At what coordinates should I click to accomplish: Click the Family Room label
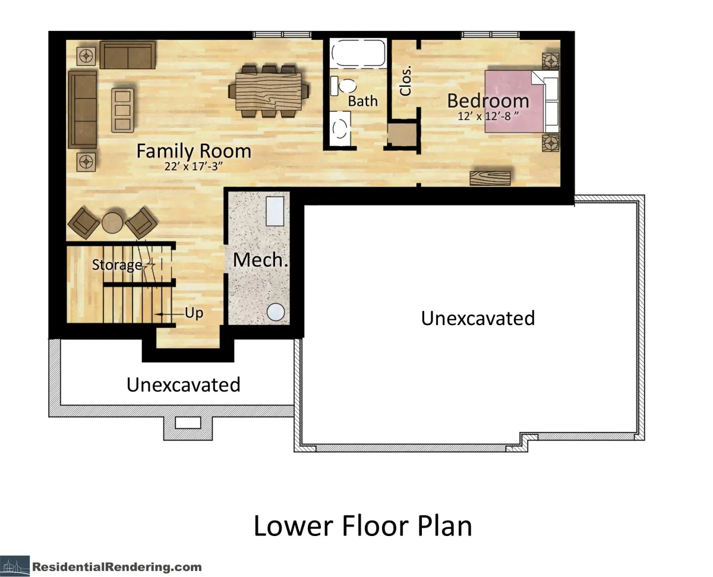click(x=194, y=152)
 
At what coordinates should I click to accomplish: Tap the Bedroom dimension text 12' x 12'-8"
click(x=488, y=116)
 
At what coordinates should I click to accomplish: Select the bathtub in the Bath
click(x=358, y=53)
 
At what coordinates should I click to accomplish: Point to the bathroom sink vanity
click(x=340, y=128)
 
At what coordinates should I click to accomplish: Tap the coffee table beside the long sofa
click(x=122, y=110)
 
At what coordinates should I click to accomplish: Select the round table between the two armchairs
click(x=112, y=223)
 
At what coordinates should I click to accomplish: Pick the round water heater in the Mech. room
click(x=276, y=312)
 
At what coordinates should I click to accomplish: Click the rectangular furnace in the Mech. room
click(x=275, y=211)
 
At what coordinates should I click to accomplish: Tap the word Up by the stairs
click(x=194, y=313)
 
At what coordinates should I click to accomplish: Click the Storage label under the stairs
click(x=117, y=265)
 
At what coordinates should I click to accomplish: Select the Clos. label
click(x=405, y=80)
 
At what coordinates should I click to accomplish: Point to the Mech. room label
click(x=260, y=260)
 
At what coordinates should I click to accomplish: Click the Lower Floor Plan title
click(x=363, y=525)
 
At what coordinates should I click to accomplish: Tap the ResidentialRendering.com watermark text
click(x=117, y=567)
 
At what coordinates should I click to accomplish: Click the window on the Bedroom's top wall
click(x=490, y=34)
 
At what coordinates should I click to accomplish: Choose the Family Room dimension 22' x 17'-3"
click(x=194, y=166)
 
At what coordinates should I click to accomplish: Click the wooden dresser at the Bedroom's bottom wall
click(x=490, y=178)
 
